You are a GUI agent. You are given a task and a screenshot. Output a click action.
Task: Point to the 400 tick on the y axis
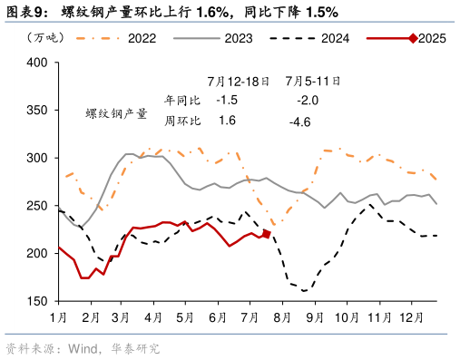(37, 63)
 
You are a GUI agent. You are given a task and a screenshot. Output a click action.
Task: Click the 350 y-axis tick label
(37, 111)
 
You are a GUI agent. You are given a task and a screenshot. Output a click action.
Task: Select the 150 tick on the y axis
(37, 301)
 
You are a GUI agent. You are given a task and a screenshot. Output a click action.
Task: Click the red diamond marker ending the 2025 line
(267, 234)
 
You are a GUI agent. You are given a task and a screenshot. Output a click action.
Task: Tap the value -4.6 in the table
(299, 122)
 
